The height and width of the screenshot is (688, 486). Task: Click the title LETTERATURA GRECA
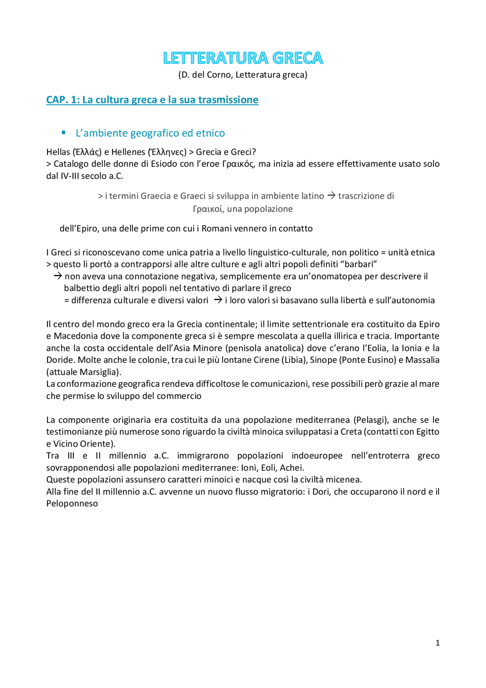pos(243,58)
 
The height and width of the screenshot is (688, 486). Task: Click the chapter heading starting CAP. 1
pos(152,100)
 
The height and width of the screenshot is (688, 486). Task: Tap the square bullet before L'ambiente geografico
pos(64,133)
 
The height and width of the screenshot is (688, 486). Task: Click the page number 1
pos(437,643)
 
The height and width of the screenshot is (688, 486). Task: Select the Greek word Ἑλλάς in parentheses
pos(87,152)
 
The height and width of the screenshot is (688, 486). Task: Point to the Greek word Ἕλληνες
pos(167,152)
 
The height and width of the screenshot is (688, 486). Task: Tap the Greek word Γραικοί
pos(208,209)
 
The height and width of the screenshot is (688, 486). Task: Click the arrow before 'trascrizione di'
pos(331,196)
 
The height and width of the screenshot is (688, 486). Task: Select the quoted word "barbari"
pos(359,264)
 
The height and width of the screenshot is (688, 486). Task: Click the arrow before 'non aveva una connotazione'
pos(58,276)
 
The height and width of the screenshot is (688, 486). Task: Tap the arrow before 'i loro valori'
pos(218,300)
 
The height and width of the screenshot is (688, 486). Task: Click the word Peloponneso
pos(72,504)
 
